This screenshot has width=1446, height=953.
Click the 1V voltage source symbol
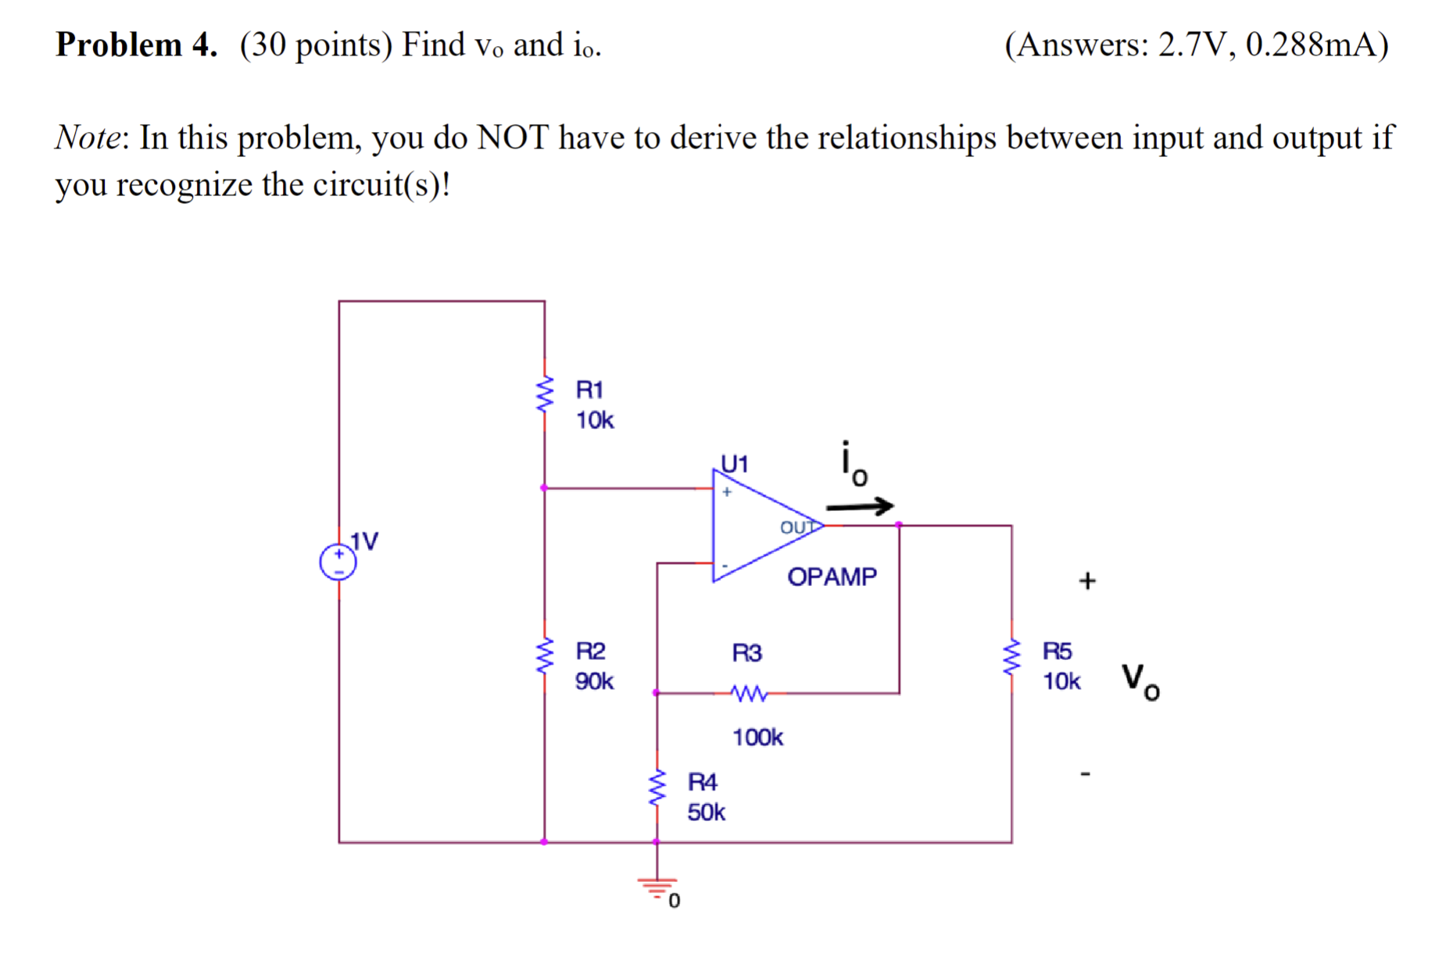point(338,562)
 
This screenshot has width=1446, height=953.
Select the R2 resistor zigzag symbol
point(544,657)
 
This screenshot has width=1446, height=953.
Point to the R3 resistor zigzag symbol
point(749,693)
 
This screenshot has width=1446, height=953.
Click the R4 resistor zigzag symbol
point(657,789)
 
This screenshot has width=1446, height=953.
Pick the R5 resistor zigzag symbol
point(1011,657)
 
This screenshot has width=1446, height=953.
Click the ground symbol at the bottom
point(657,887)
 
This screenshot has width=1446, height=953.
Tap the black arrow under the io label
point(860,506)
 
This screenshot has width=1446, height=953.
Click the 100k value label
point(757,737)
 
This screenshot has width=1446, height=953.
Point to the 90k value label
point(594,681)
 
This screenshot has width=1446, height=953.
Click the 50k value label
point(706,812)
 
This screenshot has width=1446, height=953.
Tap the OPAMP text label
point(832,576)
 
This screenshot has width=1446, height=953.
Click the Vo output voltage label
point(1140,681)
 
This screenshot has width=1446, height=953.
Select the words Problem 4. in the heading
point(136,45)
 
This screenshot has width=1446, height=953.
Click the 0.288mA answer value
point(1310,45)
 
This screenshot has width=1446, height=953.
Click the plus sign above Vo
point(1087,580)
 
